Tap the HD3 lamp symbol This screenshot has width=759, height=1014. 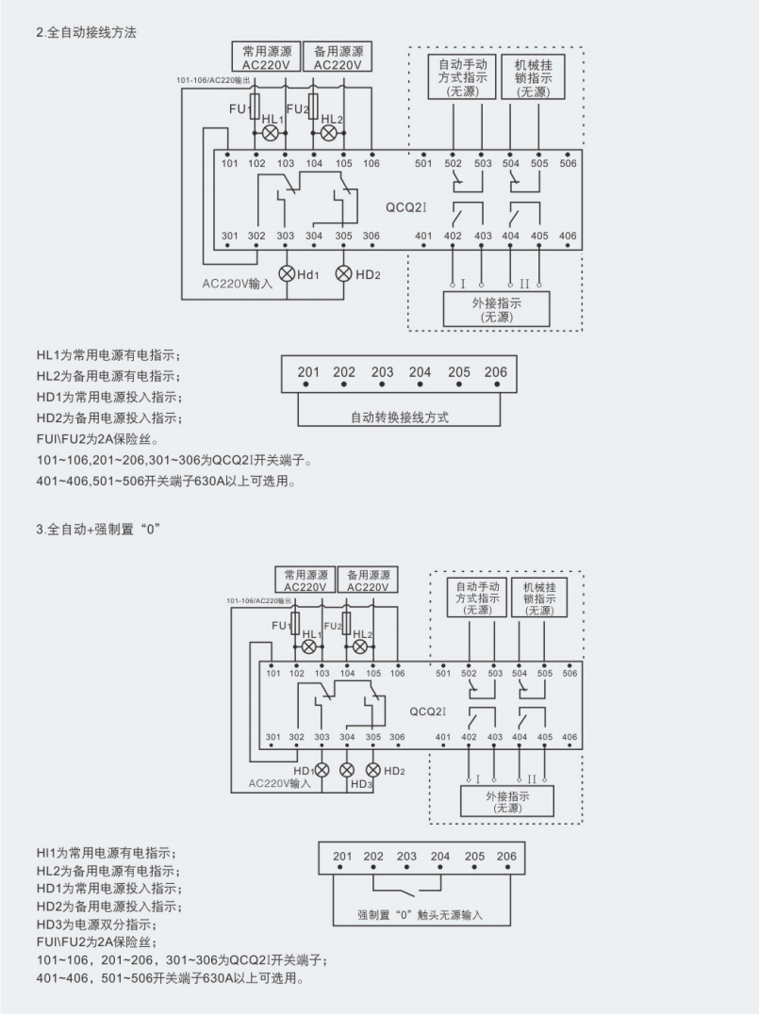347,770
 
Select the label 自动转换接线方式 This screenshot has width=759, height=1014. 399,416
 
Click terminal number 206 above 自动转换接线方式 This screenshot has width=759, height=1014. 495,372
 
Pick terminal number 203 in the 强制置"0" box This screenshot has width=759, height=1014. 406,857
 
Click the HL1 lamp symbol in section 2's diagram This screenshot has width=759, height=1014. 271,133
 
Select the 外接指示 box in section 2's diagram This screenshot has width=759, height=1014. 496,309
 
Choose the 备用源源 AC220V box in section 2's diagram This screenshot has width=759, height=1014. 338,57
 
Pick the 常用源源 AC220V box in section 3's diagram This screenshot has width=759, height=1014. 305,580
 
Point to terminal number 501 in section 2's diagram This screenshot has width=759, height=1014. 424,164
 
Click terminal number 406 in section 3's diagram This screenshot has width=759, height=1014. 569,737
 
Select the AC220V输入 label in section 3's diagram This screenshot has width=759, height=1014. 279,782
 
